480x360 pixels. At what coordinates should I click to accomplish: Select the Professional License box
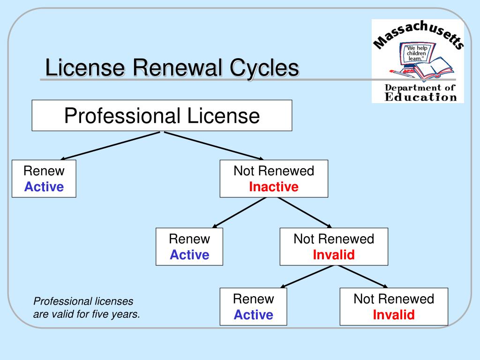162,115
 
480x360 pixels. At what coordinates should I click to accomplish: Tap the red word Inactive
274,187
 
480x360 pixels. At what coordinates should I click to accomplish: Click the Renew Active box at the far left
44,179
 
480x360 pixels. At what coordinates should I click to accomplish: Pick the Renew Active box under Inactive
189,247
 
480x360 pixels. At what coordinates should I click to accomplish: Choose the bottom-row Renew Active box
253,307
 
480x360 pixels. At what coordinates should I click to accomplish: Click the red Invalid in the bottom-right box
394,315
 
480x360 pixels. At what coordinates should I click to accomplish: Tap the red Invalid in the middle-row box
334,255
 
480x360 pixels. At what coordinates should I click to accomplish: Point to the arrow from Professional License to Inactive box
213,145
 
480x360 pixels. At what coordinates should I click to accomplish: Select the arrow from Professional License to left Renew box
110,146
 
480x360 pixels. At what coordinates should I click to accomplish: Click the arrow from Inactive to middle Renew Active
239,212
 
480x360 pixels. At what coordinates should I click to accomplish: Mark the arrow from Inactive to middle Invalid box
305,212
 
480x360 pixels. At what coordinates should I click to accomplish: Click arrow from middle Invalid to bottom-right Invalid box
363,276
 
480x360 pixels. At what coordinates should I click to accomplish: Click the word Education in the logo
420,97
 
